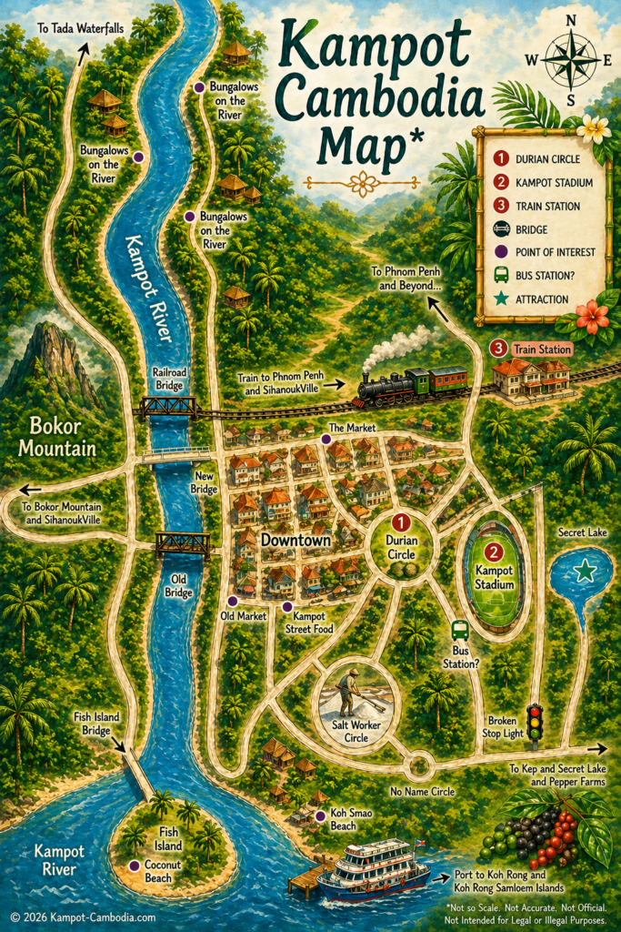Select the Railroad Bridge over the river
166,406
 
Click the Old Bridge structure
183,544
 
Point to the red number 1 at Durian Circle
401,524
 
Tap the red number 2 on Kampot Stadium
493,552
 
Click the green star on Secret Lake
586,572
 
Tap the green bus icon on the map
460,630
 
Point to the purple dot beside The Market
326,439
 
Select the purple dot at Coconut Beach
135,865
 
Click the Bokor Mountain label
62,435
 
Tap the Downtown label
295,541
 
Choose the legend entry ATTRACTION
541,299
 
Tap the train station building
531,376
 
